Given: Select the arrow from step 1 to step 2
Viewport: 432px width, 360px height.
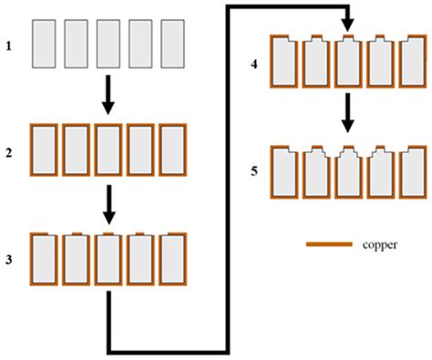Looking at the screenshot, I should coord(108,95).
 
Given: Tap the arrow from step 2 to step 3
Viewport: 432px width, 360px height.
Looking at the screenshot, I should coord(108,204).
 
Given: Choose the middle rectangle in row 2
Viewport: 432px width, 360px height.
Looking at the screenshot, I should coord(108,151).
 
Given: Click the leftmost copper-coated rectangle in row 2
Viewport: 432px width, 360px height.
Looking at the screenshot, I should coord(45,151).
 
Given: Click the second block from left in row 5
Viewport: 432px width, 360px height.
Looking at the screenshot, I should coord(315,171).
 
